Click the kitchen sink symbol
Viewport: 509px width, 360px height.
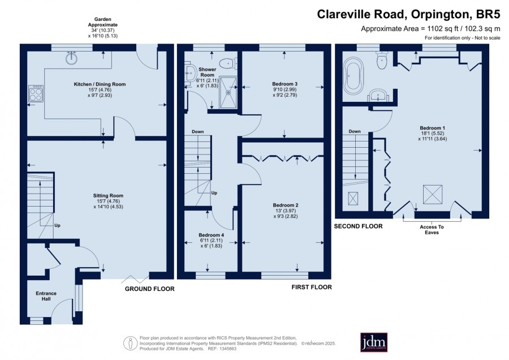71,58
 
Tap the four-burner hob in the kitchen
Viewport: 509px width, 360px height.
36,93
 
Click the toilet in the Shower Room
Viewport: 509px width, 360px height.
228,63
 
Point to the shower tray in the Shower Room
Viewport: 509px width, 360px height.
228,92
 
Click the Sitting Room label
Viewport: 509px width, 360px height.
108,196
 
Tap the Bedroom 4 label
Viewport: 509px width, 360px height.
212,235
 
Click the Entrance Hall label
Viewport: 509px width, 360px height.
46,296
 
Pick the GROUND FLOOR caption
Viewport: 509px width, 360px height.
150,289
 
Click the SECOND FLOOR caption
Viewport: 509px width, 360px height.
359,226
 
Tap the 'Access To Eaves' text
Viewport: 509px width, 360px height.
432,230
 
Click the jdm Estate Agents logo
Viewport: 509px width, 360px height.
374,342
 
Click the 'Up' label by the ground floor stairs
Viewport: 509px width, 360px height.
57,225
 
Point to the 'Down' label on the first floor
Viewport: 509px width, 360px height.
198,131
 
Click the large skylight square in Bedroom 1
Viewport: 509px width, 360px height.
433,195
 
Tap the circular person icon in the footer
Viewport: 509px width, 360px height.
131,343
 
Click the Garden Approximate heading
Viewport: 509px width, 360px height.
103,22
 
